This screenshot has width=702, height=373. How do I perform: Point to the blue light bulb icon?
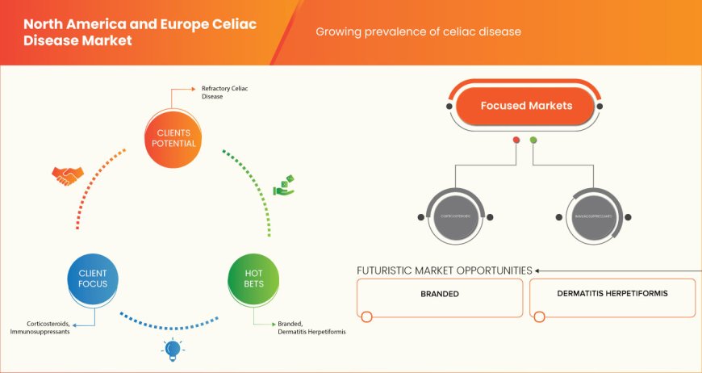point(172,348)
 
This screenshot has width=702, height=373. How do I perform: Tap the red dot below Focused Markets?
point(516,140)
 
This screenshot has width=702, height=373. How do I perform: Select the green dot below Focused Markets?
point(533,140)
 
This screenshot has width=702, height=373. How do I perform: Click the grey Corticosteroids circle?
point(456,216)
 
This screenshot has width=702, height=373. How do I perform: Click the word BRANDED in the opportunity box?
point(440,294)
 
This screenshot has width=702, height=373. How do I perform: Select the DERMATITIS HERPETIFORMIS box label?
point(612,293)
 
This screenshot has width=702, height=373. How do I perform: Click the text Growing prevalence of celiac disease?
point(418,32)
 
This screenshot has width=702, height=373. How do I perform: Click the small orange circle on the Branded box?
point(367,316)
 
